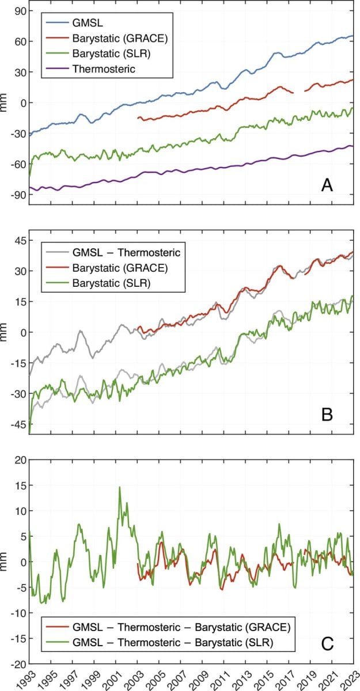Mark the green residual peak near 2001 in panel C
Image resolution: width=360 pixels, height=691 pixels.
pos(120,487)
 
